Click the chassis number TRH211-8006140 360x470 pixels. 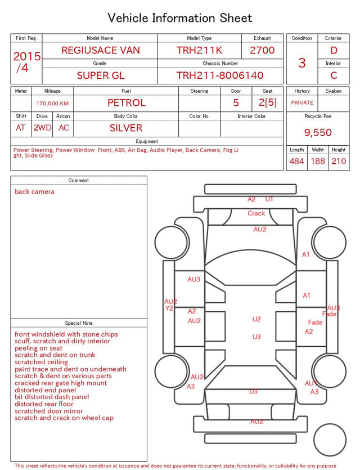(220, 75)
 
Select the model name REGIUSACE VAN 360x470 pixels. (101, 50)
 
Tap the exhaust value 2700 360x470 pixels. (262, 50)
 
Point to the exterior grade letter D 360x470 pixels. (334, 50)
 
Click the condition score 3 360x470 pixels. (302, 62)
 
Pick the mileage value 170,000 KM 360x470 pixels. (52, 104)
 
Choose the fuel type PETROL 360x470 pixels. (127, 103)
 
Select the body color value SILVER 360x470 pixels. (126, 128)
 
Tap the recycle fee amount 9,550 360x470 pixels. (318, 132)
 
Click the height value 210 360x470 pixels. (339, 161)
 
